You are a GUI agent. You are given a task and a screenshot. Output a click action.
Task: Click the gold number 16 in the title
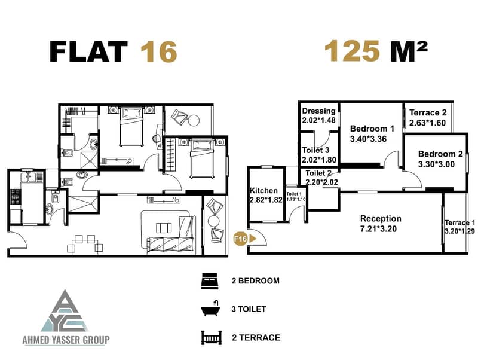pos(158,52)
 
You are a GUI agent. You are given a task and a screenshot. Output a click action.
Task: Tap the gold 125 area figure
pos(352,51)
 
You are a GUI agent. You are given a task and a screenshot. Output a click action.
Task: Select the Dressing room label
pos(318,111)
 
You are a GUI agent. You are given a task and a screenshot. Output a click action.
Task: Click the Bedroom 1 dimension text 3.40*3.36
pos(368,139)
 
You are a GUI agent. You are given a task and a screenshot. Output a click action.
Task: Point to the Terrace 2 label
pos(428,112)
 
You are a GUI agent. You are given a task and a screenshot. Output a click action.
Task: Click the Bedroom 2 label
pos(440,154)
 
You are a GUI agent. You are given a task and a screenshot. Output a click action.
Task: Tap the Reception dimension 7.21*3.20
pos(378,229)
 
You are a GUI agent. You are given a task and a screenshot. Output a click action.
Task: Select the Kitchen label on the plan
pos(263,191)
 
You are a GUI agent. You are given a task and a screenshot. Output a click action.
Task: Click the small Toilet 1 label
pos(294,194)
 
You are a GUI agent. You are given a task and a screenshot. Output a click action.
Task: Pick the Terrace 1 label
pos(459,222)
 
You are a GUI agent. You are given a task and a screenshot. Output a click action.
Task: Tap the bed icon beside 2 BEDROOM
pos(210,280)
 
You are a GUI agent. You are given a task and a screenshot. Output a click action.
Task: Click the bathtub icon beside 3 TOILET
pos(210,309)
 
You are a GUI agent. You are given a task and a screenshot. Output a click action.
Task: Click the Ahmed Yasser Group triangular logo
pos(66,311)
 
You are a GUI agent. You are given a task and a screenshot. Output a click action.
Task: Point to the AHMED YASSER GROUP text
pos(66,340)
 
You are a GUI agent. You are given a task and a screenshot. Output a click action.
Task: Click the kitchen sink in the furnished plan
pos(29,177)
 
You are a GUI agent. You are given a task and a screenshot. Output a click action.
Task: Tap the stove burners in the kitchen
pos(16,197)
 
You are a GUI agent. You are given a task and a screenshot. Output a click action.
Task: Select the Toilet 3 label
pos(315,150)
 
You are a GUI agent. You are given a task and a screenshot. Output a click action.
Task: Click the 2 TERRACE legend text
pos(256,337)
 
